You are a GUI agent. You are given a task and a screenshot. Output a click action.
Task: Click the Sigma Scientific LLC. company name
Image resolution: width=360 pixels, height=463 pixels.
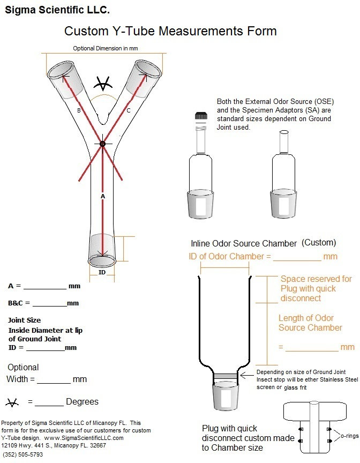57,10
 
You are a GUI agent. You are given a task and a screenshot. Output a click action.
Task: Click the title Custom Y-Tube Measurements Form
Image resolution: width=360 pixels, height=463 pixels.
170,31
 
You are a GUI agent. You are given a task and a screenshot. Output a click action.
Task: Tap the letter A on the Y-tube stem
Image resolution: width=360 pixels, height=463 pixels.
103,196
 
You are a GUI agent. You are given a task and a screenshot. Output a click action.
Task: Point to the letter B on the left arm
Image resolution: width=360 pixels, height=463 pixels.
79,111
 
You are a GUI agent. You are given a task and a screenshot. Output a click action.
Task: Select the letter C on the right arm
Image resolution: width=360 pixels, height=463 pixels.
128,110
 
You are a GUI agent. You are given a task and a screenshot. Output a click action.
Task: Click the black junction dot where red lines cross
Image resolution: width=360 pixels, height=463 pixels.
102,144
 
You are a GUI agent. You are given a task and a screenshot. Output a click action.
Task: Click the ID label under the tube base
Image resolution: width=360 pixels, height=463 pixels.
102,272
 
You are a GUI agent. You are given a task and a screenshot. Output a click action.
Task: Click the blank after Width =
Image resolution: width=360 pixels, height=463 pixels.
54,382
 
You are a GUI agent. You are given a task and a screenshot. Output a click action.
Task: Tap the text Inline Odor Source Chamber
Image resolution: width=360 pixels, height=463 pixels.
244,243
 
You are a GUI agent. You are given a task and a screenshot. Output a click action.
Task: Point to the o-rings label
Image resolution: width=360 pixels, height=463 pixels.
347,436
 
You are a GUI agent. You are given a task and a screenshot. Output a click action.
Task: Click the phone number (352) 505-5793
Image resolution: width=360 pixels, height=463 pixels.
22,454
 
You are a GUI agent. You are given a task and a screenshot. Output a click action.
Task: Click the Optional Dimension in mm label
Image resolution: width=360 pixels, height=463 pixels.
106,48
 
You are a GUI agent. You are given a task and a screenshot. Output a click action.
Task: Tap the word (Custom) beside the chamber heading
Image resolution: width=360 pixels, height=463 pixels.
319,242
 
